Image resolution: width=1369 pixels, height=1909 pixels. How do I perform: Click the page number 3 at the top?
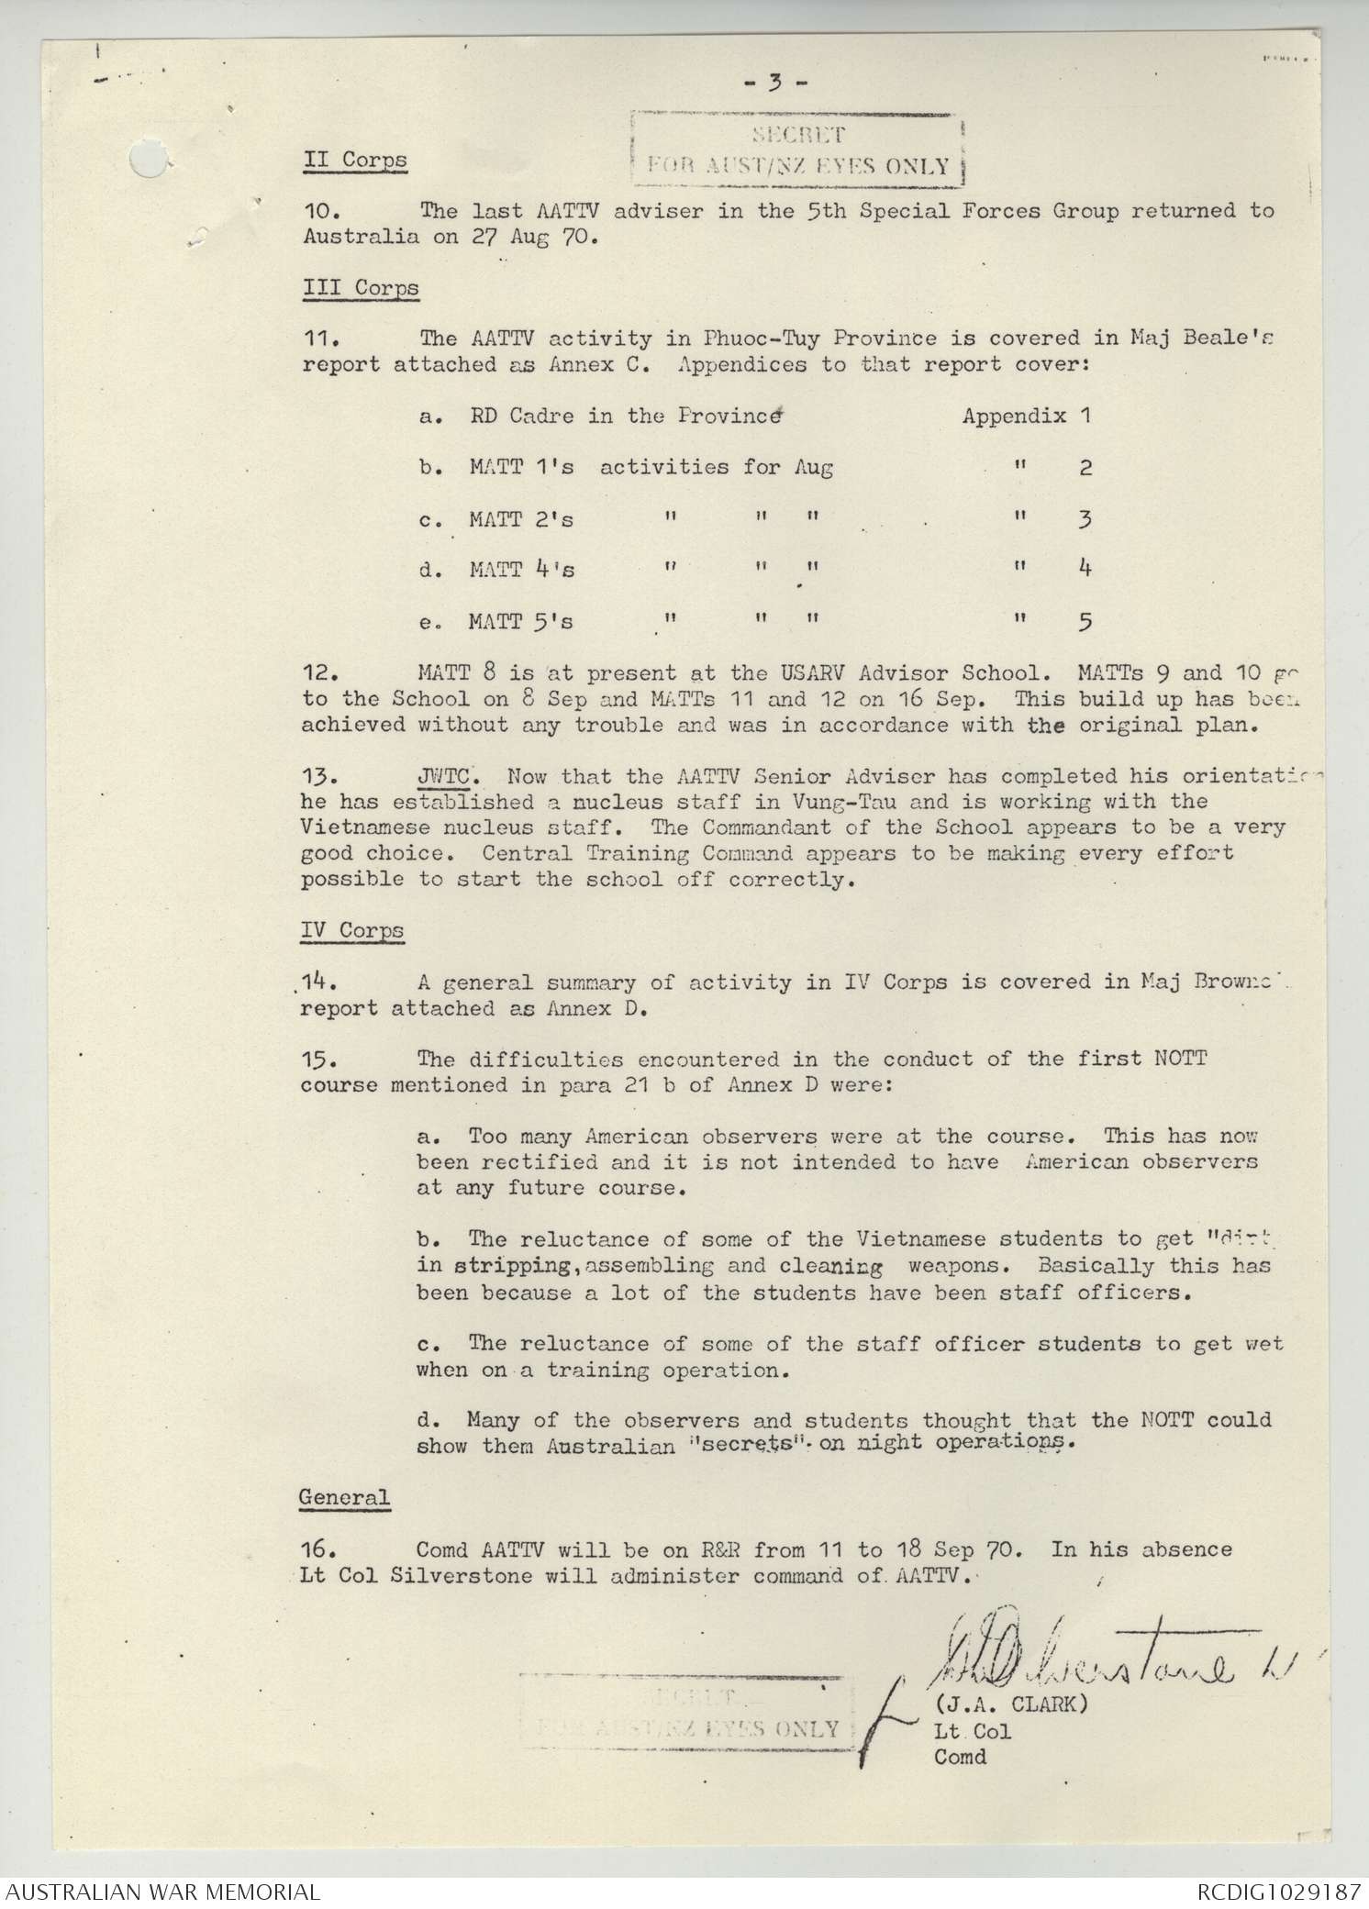tap(775, 83)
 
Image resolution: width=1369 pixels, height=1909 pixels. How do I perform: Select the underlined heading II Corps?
tap(355, 159)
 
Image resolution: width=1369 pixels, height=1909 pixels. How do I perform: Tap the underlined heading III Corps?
tap(361, 287)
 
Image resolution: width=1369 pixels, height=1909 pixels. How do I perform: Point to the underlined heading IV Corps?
tap(352, 930)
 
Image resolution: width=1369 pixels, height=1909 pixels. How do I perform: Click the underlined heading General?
tap(344, 1498)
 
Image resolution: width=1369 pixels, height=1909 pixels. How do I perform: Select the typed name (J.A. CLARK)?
tap(1011, 1704)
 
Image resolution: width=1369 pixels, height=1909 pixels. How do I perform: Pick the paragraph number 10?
tap(320, 211)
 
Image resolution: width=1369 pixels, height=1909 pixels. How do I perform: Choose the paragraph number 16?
tap(320, 1550)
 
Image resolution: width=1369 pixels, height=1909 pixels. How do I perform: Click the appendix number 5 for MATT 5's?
tap(1085, 623)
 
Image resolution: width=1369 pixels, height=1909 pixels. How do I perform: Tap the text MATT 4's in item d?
tap(521, 570)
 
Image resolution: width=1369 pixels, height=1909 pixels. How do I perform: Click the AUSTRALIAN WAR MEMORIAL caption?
tap(161, 1892)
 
